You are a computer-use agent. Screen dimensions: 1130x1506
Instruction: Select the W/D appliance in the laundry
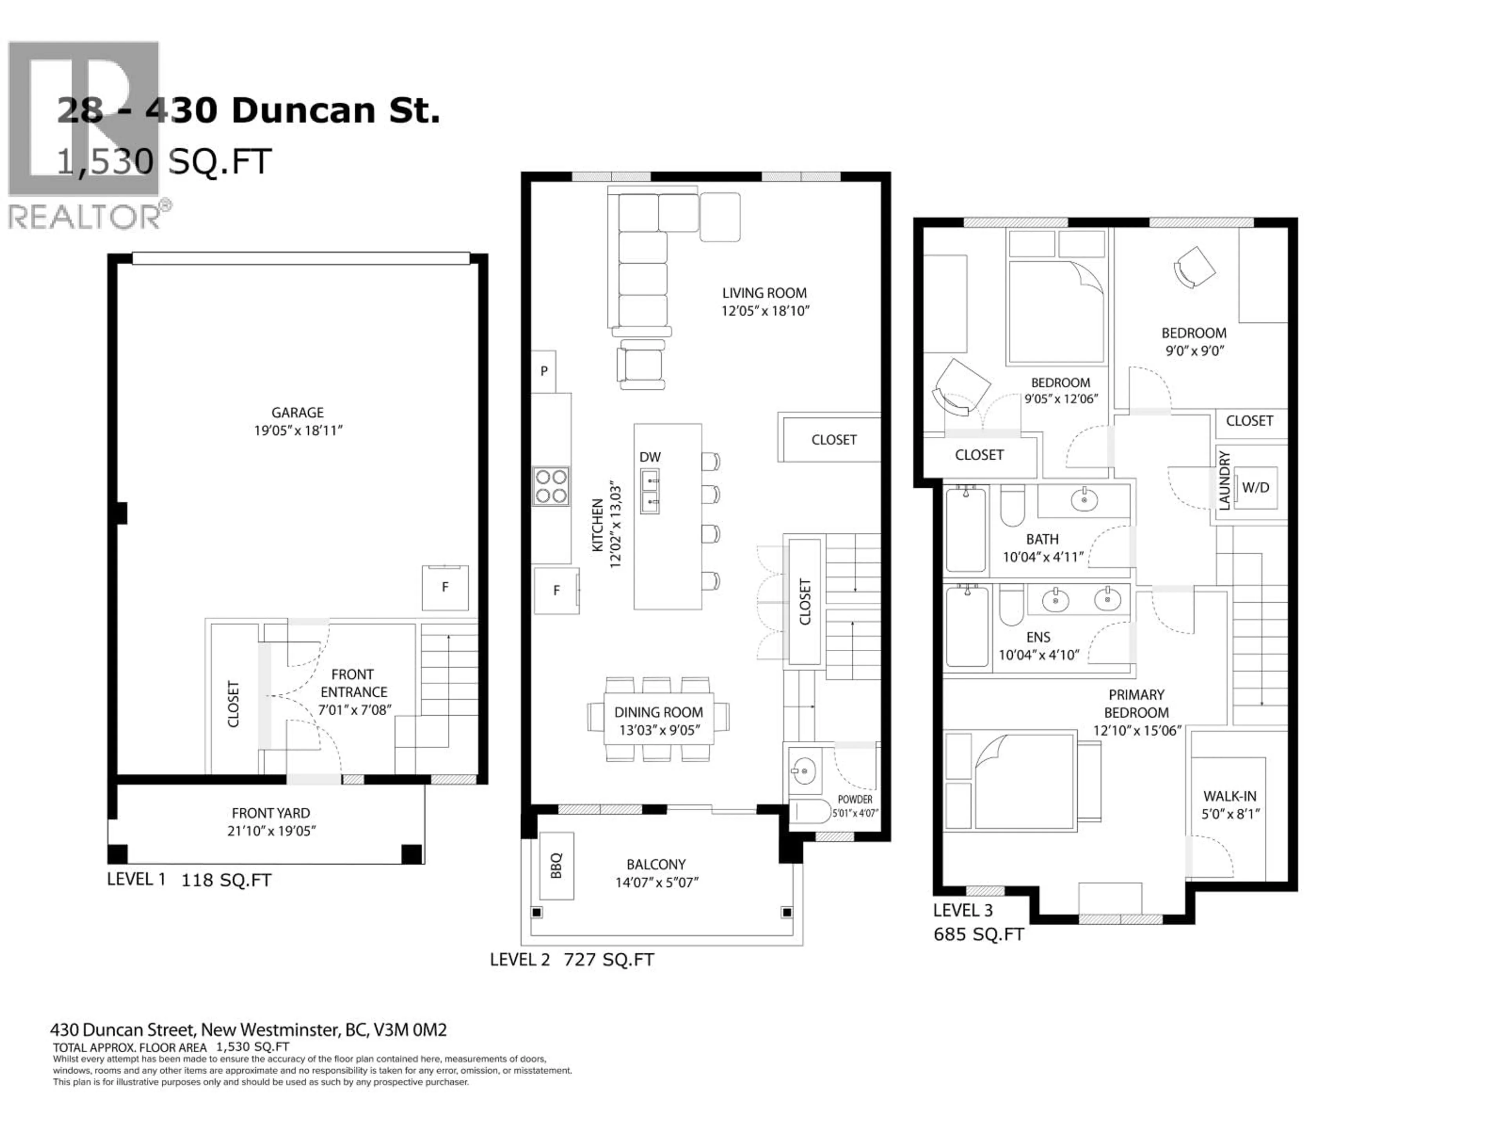[x=1255, y=488]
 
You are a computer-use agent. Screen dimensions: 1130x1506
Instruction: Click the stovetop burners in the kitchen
[x=551, y=486]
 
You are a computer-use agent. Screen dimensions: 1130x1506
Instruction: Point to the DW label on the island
[x=649, y=457]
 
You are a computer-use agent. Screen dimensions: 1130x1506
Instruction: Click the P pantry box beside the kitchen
[x=543, y=371]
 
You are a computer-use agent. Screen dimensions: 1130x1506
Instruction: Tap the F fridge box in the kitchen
[x=556, y=591]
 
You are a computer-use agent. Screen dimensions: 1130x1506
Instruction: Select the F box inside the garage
[x=445, y=587]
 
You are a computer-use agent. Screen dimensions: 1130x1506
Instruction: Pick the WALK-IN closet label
[x=1230, y=796]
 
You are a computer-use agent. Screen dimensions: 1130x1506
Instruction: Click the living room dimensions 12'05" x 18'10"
[x=765, y=311]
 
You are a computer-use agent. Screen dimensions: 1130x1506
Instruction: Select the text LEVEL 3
[x=963, y=910]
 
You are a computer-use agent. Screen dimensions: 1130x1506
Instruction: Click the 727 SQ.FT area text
[x=609, y=960]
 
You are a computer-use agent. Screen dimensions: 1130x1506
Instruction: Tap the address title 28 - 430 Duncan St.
[x=249, y=110]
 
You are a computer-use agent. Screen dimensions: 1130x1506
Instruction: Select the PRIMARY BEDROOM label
[x=1136, y=704]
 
